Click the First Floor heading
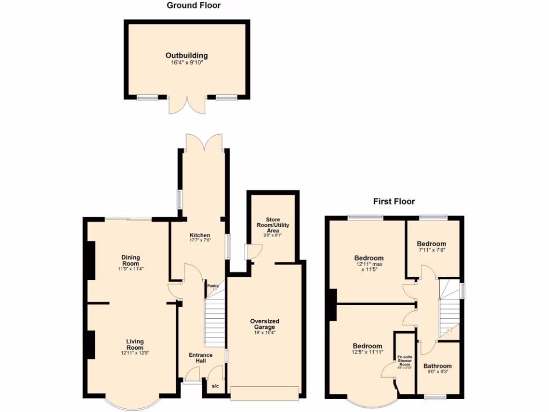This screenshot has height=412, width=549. (x=394, y=202)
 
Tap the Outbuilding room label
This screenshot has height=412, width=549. (x=186, y=55)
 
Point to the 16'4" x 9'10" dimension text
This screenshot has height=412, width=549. (x=186, y=63)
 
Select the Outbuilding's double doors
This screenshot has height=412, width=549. (x=187, y=104)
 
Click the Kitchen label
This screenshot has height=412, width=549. (x=199, y=236)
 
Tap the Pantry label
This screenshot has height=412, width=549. (x=213, y=286)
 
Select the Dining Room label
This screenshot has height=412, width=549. (x=130, y=261)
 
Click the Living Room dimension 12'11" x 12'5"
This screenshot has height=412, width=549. (x=135, y=352)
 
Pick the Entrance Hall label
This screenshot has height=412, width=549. (x=201, y=358)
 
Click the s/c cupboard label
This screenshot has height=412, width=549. (x=215, y=386)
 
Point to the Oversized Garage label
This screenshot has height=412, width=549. (x=265, y=325)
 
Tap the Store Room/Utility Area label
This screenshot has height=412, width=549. (x=273, y=225)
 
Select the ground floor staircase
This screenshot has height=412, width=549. (x=214, y=322)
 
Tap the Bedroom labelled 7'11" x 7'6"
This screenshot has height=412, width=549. (x=432, y=247)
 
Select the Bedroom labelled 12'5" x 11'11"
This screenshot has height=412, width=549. (x=367, y=349)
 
